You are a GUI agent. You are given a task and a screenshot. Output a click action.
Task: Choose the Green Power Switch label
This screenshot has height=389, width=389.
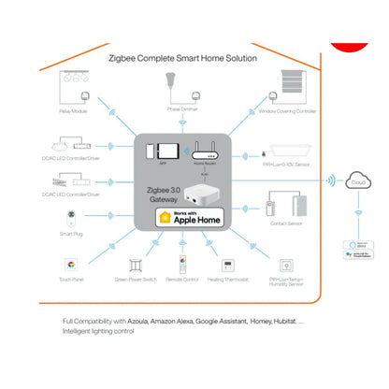point(137,278)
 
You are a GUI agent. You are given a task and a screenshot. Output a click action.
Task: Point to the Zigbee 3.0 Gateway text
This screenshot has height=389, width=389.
point(164,194)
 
